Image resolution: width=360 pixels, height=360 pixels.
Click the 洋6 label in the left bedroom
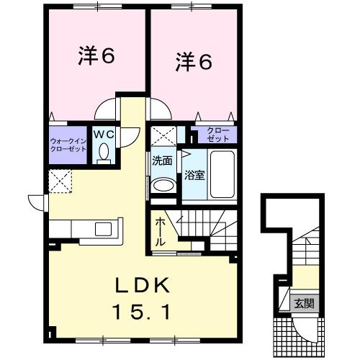[x=96, y=57]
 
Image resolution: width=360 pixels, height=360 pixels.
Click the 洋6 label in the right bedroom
[x=193, y=63]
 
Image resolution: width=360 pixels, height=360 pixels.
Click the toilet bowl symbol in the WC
[x=105, y=153]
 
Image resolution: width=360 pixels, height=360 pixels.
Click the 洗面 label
[x=161, y=160]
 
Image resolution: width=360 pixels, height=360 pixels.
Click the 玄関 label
[x=302, y=303]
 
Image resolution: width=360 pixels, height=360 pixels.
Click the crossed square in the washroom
[x=163, y=135]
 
